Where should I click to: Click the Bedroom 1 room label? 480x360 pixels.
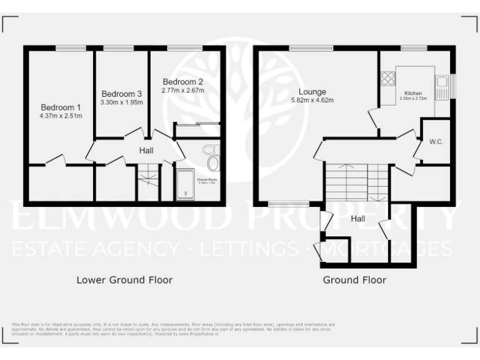pyautogui.click(x=61, y=106)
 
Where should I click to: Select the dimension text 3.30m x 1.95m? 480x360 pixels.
pyautogui.click(x=121, y=102)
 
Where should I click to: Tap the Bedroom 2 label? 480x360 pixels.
pyautogui.click(x=182, y=81)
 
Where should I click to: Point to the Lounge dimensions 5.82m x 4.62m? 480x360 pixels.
pyautogui.click(x=312, y=100)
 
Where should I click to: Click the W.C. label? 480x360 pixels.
pyautogui.click(x=436, y=142)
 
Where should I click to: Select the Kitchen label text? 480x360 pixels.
pyautogui.click(x=413, y=93)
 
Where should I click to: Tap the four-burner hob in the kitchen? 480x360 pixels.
pyautogui.click(x=387, y=79)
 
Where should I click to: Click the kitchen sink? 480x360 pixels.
pyautogui.click(x=442, y=84)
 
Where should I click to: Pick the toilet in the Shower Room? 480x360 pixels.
pyautogui.click(x=209, y=150)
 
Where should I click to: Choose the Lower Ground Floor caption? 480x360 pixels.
pyautogui.click(x=124, y=279)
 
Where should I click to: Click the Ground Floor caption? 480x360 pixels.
pyautogui.click(x=354, y=279)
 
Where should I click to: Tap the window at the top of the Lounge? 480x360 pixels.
pyautogui.click(x=311, y=48)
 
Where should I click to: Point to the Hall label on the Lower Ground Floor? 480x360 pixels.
pyautogui.click(x=146, y=150)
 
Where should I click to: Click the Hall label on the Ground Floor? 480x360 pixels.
pyautogui.click(x=358, y=219)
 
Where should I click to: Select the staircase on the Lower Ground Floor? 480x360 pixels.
pyautogui.click(x=149, y=181)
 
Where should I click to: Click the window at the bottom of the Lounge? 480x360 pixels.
pyautogui.click(x=288, y=203)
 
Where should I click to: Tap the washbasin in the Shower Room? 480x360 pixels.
pyautogui.click(x=212, y=164)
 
